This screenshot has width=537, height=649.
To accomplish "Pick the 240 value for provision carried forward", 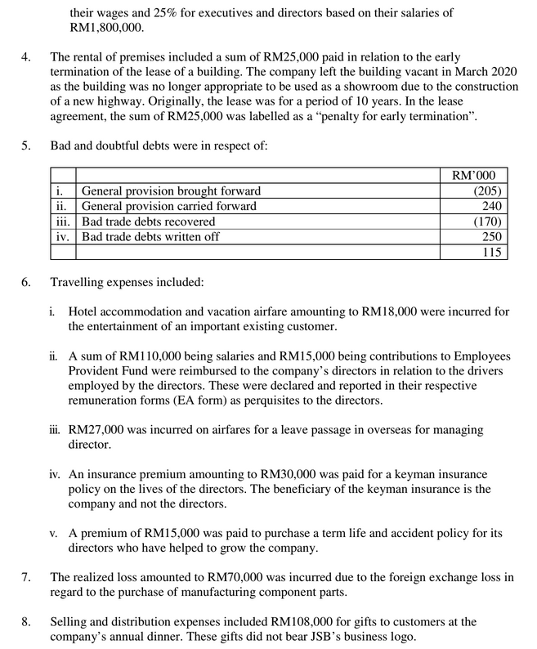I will pos(492,206).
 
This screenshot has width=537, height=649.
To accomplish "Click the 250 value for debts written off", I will pos(492,237).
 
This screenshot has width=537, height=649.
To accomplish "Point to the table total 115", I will pos(492,253).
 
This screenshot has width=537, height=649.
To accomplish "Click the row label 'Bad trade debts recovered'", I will pos(149,222).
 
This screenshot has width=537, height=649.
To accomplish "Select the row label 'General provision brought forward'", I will pos(172,191).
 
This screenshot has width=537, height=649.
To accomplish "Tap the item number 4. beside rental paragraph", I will pos(26,58).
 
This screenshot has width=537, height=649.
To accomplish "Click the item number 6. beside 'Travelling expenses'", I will pos(26,283).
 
